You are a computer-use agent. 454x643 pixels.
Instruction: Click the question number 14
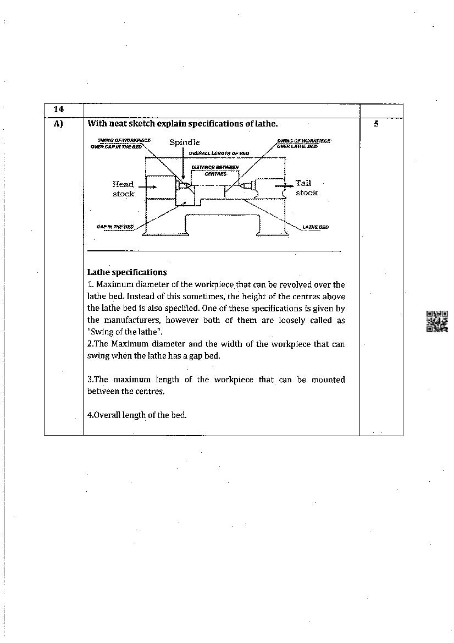[58, 109]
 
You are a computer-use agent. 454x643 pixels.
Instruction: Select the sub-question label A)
[58, 124]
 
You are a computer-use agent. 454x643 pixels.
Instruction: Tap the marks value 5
[376, 124]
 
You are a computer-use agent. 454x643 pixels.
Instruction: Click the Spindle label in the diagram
[184, 142]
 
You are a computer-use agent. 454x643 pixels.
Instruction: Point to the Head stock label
[123, 189]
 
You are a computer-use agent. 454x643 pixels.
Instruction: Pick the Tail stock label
[306, 188]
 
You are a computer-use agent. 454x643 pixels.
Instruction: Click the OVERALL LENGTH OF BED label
[219, 153]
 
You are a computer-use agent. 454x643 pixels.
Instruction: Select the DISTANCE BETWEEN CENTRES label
[215, 170]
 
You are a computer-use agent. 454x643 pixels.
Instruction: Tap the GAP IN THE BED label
[115, 227]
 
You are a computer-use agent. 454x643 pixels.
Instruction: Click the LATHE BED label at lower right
[315, 227]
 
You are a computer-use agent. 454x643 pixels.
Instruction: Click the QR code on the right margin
[437, 321]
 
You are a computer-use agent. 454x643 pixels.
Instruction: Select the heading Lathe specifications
[127, 272]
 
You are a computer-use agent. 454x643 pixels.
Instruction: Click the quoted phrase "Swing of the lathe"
[125, 332]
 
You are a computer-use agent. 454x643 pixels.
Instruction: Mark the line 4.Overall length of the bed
[137, 415]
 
